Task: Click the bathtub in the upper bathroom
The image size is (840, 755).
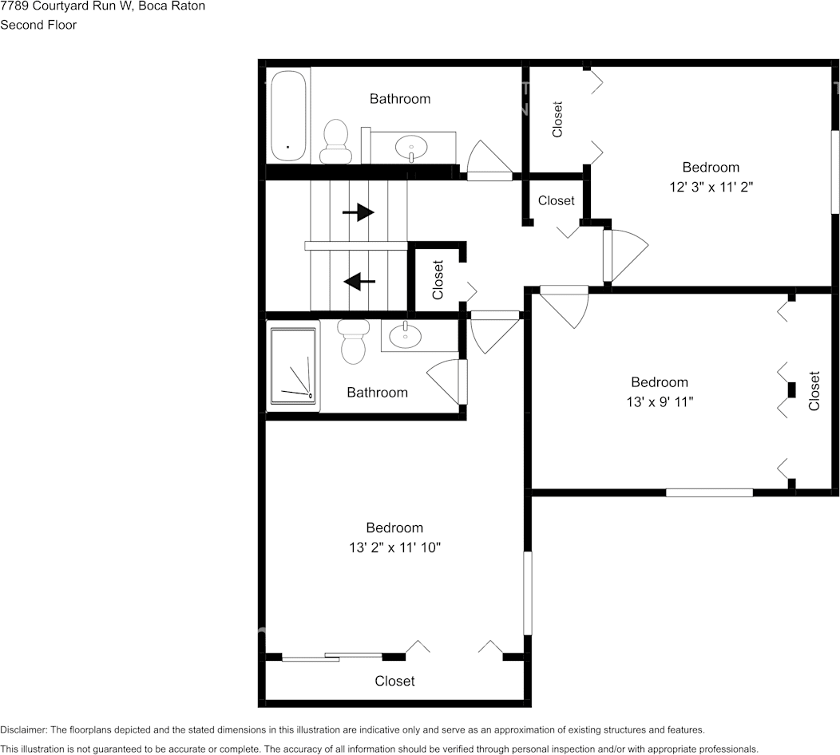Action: pos(288,116)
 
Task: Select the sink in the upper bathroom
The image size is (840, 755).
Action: pos(411,147)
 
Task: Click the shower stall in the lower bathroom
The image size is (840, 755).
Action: pos(293,366)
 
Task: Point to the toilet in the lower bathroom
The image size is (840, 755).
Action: pos(352,342)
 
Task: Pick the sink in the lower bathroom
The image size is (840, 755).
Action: pos(405,334)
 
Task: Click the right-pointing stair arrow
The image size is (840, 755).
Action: pos(359,212)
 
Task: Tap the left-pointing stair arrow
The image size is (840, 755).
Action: pos(359,281)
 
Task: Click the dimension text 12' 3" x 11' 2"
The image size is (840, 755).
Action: pos(711,187)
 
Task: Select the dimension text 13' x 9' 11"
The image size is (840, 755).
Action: pos(660,401)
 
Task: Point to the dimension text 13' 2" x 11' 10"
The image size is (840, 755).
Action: pos(394,547)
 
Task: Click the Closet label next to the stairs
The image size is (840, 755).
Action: pos(438,279)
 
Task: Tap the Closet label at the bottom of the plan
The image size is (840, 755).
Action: pos(394,681)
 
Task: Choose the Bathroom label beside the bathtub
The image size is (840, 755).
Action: pos(400,98)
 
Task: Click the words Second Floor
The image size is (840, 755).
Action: pos(38,25)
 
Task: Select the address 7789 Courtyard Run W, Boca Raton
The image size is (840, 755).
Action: pos(102,6)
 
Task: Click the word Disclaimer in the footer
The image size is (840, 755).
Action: pos(24,729)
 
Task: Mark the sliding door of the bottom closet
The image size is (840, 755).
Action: pos(332,657)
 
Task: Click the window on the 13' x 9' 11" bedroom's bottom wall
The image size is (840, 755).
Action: pos(709,492)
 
